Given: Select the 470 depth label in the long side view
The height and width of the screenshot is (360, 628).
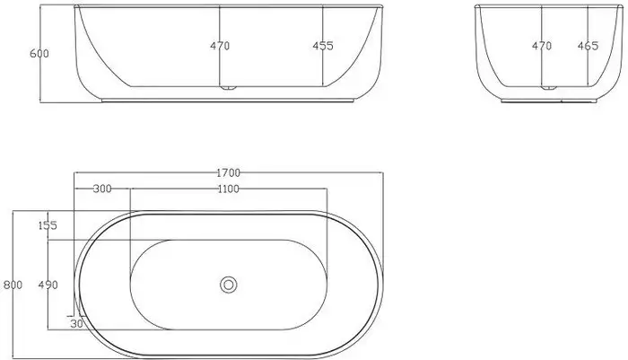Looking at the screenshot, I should point(220,46).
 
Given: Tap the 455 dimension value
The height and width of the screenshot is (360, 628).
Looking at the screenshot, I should point(322,46).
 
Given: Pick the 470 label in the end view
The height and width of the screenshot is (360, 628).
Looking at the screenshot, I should point(541,45).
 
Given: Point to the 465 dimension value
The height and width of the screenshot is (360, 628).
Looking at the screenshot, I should point(588,45).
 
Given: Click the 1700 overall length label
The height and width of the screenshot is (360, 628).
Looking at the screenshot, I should point(228,172).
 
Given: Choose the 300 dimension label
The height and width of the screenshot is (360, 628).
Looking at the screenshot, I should point(102,189).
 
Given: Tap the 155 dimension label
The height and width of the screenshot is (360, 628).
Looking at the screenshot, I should point(48,226).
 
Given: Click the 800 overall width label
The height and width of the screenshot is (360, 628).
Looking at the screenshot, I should point(13,285).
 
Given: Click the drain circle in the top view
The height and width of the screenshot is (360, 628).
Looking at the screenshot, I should point(228,285).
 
